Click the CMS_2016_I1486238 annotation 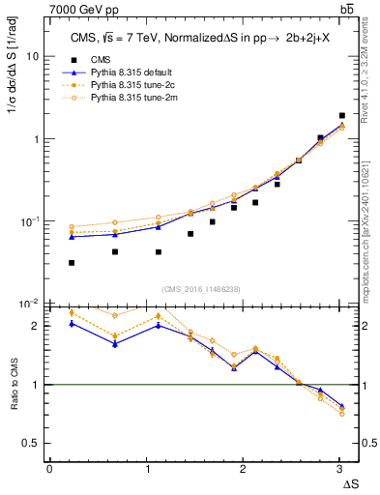(x=201, y=290)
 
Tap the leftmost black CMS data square (x=72, y=262)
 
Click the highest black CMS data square (x=341, y=115)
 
